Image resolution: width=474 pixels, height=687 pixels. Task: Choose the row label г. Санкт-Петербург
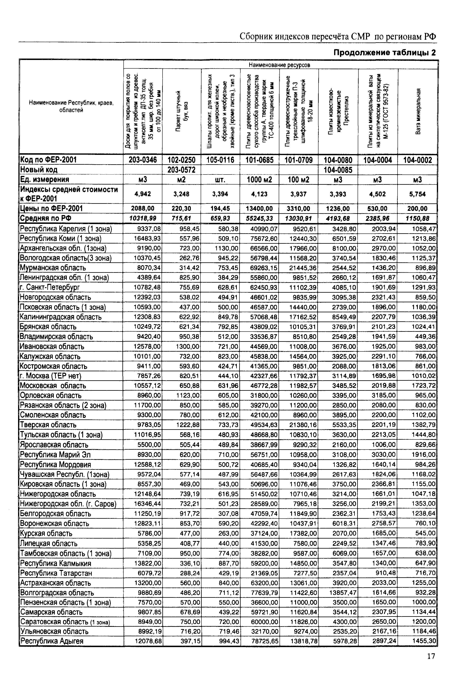[x=50, y=287]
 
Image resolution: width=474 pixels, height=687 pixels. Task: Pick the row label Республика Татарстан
[x=56, y=573]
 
